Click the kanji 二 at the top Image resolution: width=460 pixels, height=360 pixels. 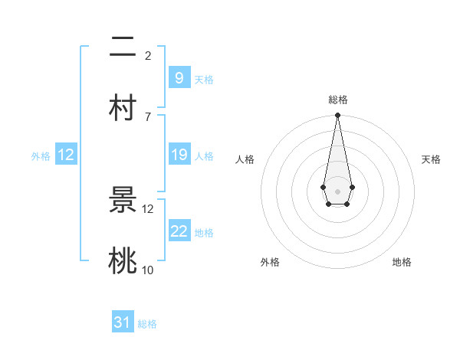click(x=123, y=47)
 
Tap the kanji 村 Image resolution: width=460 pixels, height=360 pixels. click(x=123, y=106)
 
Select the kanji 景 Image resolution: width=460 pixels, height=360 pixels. click(x=123, y=201)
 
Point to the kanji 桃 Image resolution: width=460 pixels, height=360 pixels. click(x=123, y=260)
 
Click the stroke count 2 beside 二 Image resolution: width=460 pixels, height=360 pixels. click(x=148, y=56)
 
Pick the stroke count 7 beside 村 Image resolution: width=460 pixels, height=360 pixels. click(x=148, y=116)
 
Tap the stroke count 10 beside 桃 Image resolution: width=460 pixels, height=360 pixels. click(x=148, y=270)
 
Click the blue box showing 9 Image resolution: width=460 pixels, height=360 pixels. click(x=179, y=77)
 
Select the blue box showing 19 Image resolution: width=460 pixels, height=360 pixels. click(x=179, y=155)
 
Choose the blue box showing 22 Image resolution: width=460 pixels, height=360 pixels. click(x=179, y=231)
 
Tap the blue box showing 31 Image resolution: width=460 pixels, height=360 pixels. click(x=123, y=322)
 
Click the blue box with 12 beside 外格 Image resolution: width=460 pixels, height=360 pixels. click(x=66, y=155)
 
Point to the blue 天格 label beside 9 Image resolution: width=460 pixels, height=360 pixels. click(x=204, y=79)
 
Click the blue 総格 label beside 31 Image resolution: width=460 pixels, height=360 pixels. click(x=147, y=324)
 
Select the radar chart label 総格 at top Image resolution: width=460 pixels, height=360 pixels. click(x=337, y=100)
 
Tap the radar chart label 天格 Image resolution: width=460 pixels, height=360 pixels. click(x=432, y=159)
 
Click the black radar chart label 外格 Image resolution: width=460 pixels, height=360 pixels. click(x=270, y=262)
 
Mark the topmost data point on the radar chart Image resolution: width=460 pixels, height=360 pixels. click(x=337, y=116)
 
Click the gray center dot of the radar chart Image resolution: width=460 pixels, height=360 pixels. click(x=337, y=190)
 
